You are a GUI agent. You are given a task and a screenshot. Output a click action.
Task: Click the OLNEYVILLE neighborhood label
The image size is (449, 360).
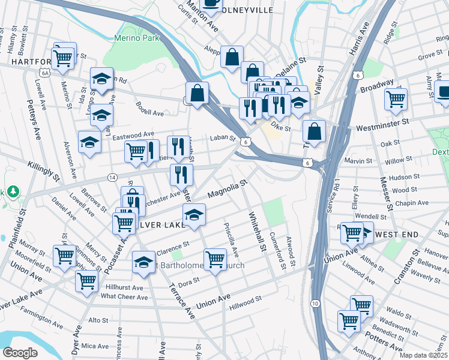247,10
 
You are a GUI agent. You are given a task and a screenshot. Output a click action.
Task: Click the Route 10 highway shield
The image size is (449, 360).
315,304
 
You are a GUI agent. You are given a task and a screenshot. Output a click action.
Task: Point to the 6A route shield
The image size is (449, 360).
44,73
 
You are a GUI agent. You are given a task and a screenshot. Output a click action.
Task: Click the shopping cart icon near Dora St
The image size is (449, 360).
215,259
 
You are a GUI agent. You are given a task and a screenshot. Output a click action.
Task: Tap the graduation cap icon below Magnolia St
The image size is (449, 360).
194,215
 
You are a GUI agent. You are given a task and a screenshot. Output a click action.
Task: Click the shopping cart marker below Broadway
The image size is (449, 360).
396,98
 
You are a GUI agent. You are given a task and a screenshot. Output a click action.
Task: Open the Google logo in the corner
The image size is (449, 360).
20,352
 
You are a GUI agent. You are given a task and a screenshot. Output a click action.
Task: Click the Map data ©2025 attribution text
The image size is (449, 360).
423,355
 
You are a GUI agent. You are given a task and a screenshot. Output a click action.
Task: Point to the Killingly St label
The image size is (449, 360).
43,170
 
